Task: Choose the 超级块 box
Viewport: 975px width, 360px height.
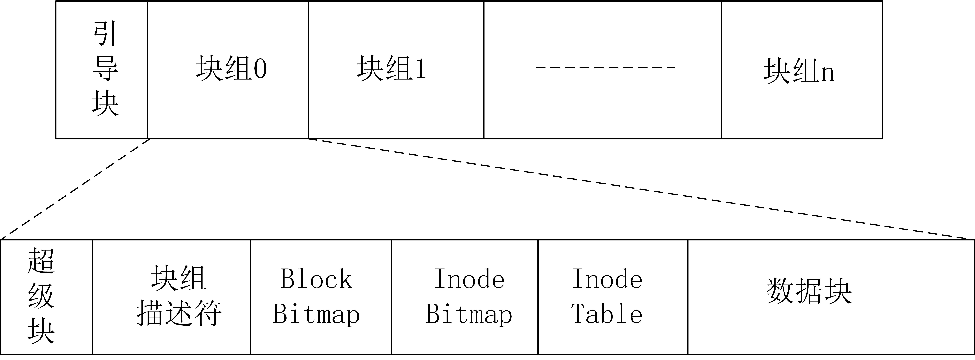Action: pyautogui.click(x=47, y=297)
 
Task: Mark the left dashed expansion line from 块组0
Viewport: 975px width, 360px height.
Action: pyautogui.click(x=76, y=189)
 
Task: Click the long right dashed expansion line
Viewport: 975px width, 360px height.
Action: pyautogui.click(x=640, y=189)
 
